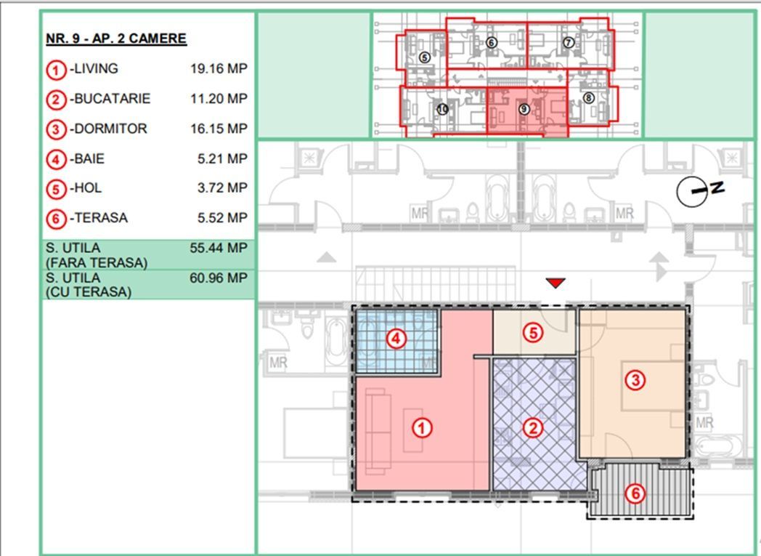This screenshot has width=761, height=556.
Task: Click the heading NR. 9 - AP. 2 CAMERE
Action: [116, 39]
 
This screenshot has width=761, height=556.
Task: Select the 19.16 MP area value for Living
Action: [219, 69]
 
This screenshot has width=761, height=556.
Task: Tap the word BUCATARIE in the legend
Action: [112, 99]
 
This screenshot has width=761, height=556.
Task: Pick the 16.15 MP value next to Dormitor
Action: [219, 129]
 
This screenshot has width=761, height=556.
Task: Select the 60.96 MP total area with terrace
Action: [219, 278]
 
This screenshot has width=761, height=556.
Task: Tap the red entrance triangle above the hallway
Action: [556, 283]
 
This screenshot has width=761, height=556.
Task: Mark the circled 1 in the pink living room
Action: [422, 428]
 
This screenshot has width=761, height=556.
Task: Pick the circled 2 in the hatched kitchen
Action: [534, 428]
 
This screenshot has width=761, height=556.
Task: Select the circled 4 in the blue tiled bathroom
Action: [395, 338]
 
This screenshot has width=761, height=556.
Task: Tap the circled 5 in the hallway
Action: [534, 333]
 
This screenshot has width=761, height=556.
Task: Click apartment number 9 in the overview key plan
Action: [524, 108]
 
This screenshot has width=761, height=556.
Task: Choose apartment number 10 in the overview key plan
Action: [444, 109]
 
